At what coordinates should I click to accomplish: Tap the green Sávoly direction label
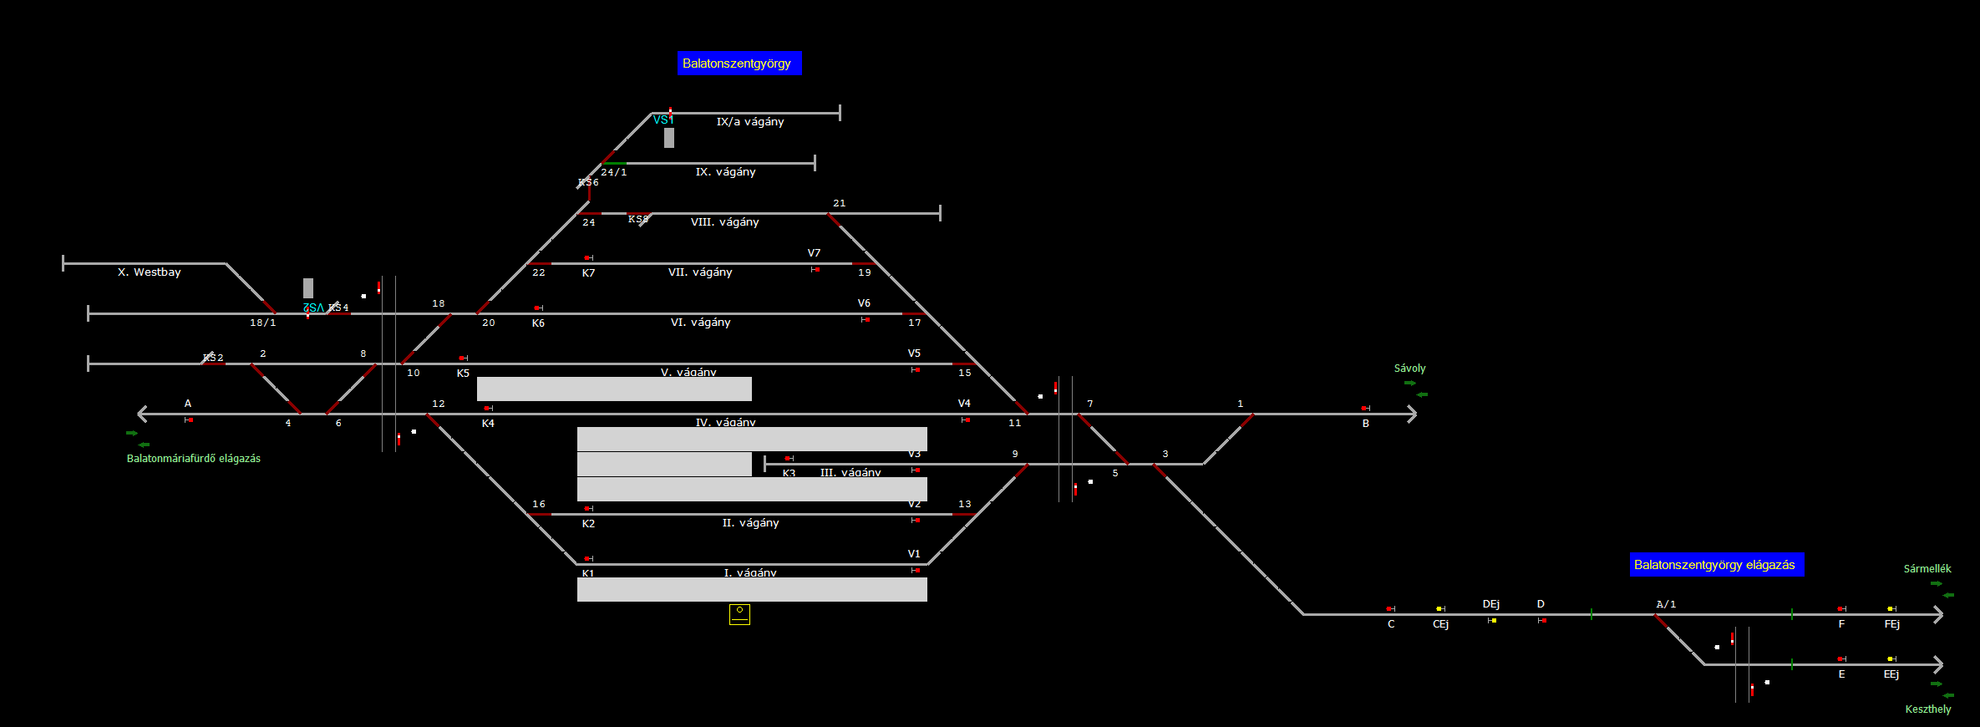point(1409,369)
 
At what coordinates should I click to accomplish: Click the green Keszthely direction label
point(1927,709)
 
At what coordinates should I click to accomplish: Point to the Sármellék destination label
point(1927,569)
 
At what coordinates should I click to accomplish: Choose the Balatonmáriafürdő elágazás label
point(193,459)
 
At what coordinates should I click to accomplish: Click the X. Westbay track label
point(149,272)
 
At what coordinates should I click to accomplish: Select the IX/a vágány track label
point(749,122)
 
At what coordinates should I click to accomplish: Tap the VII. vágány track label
point(699,272)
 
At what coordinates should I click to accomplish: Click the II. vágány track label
point(750,523)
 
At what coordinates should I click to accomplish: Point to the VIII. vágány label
point(724,222)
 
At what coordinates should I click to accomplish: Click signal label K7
point(588,273)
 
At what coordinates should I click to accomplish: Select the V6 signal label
point(864,303)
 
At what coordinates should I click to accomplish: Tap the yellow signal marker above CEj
point(1439,608)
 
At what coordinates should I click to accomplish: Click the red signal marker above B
point(1364,408)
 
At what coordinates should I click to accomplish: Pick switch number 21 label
point(839,203)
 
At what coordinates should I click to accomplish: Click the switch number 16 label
point(538,504)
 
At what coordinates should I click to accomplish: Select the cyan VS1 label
point(663,119)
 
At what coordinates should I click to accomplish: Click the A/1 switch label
point(1666,604)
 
